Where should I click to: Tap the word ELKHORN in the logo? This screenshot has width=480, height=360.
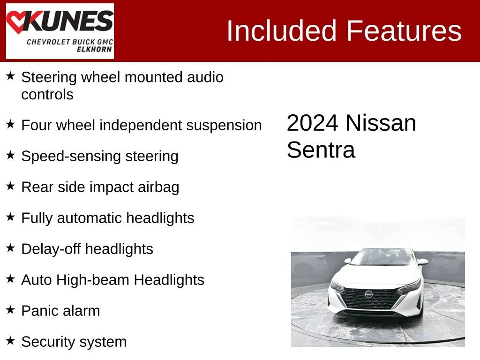pos(94,49)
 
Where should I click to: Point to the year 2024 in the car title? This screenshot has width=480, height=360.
pos(313,123)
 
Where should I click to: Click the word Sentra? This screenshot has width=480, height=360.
pos(321,150)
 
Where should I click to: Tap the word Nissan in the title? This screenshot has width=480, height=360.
pos(381,123)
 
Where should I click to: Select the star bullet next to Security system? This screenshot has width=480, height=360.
pos(10,340)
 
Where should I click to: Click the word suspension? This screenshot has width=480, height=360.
pos(224,126)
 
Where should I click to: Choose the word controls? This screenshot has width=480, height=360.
pos(47,95)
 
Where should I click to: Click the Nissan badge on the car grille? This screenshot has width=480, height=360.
pos(369,294)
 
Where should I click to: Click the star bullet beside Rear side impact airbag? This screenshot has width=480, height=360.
pos(10,186)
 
